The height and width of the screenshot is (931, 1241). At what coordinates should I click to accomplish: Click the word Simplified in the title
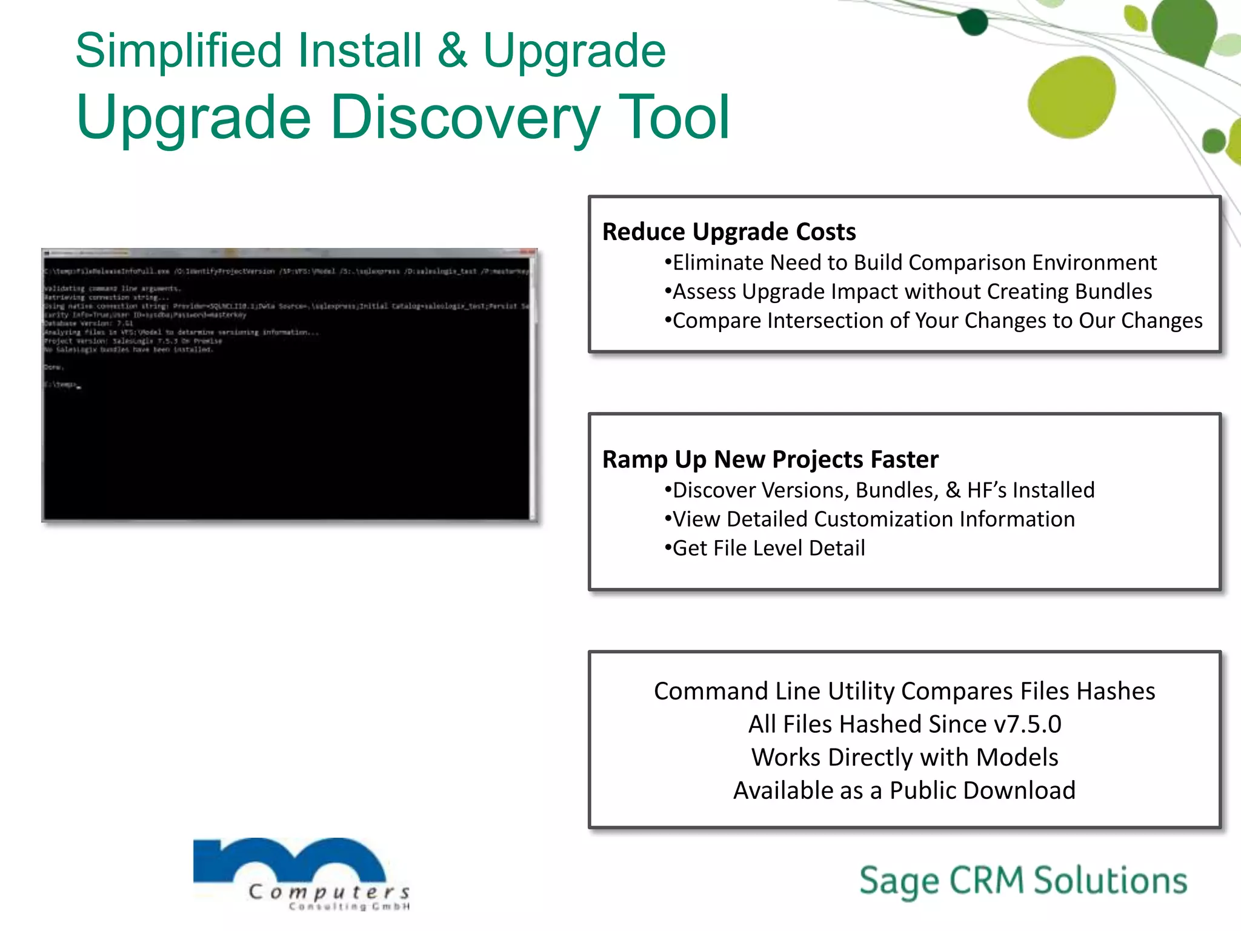[x=179, y=51]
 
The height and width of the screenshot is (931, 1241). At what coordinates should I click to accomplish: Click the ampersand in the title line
[x=452, y=51]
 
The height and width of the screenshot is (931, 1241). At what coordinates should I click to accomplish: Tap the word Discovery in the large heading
[x=465, y=118]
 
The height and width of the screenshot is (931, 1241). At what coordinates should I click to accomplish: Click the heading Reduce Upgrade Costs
[x=728, y=232]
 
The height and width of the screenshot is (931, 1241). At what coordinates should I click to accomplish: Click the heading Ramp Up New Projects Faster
[x=770, y=459]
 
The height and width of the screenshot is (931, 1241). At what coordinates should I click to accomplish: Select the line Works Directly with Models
[x=904, y=758]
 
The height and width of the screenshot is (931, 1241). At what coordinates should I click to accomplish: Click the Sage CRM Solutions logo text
[x=1023, y=881]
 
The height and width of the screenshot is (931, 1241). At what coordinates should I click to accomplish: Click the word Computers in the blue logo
[x=329, y=892]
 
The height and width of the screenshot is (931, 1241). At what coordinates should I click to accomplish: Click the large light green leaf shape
[x=1071, y=97]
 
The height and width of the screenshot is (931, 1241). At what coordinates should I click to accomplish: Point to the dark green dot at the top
[x=973, y=22]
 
